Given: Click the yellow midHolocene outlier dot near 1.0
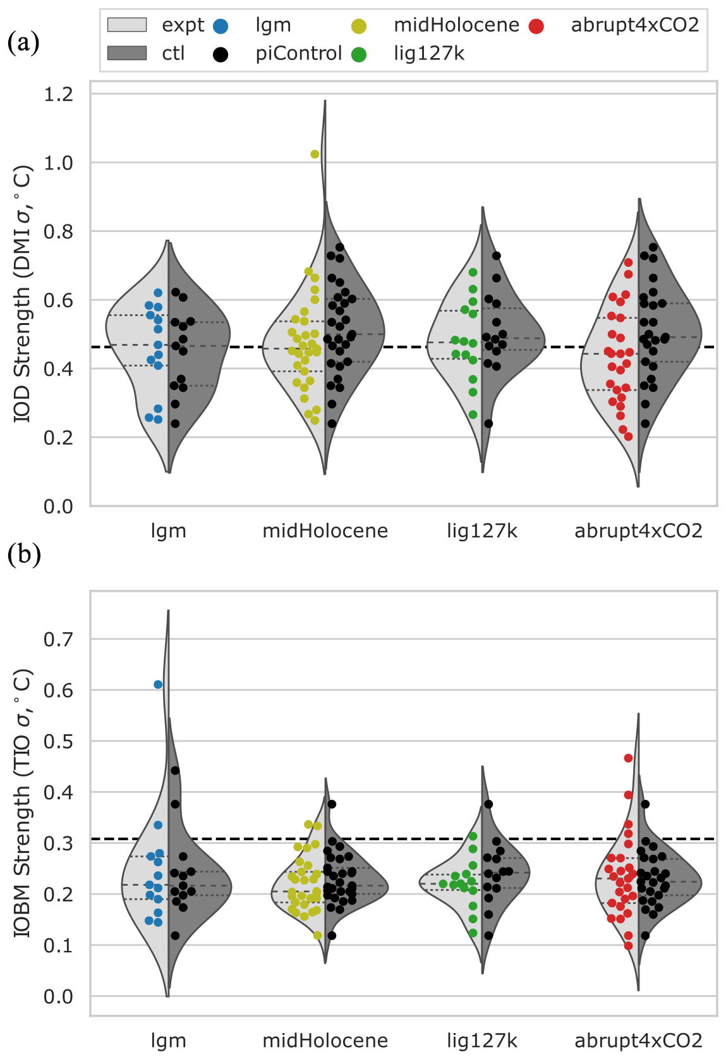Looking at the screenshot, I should pyautogui.click(x=315, y=154).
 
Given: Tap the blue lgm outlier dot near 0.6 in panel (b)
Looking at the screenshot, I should pyautogui.click(x=158, y=685).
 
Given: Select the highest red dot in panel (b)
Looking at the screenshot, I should pyautogui.click(x=628, y=758).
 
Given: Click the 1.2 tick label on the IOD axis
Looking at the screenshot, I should pyautogui.click(x=58, y=94).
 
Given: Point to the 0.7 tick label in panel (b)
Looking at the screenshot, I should pyautogui.click(x=58, y=640).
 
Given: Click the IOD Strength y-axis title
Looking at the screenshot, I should pyautogui.click(x=23, y=294).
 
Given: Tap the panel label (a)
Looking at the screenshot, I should pyautogui.click(x=23, y=42).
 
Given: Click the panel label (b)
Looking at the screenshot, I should pyautogui.click(x=24, y=554).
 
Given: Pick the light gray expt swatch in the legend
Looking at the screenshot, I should pyautogui.click(x=127, y=25).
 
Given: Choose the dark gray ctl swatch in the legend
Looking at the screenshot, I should pyautogui.click(x=127, y=53).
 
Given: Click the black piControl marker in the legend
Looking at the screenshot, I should pyautogui.click(x=221, y=54).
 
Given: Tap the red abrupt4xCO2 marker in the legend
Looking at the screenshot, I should pyautogui.click(x=536, y=27).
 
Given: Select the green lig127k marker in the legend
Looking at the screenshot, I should pyautogui.click(x=359, y=54).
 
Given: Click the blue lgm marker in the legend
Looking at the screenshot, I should pyautogui.click(x=221, y=27).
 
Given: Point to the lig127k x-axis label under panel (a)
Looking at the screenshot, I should pyautogui.click(x=482, y=531).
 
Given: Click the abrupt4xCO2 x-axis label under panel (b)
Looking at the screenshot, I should pyautogui.click(x=638, y=1041).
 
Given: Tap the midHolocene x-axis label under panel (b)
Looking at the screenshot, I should pyautogui.click(x=325, y=1041).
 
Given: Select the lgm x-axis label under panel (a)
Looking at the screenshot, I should pyautogui.click(x=169, y=531).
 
